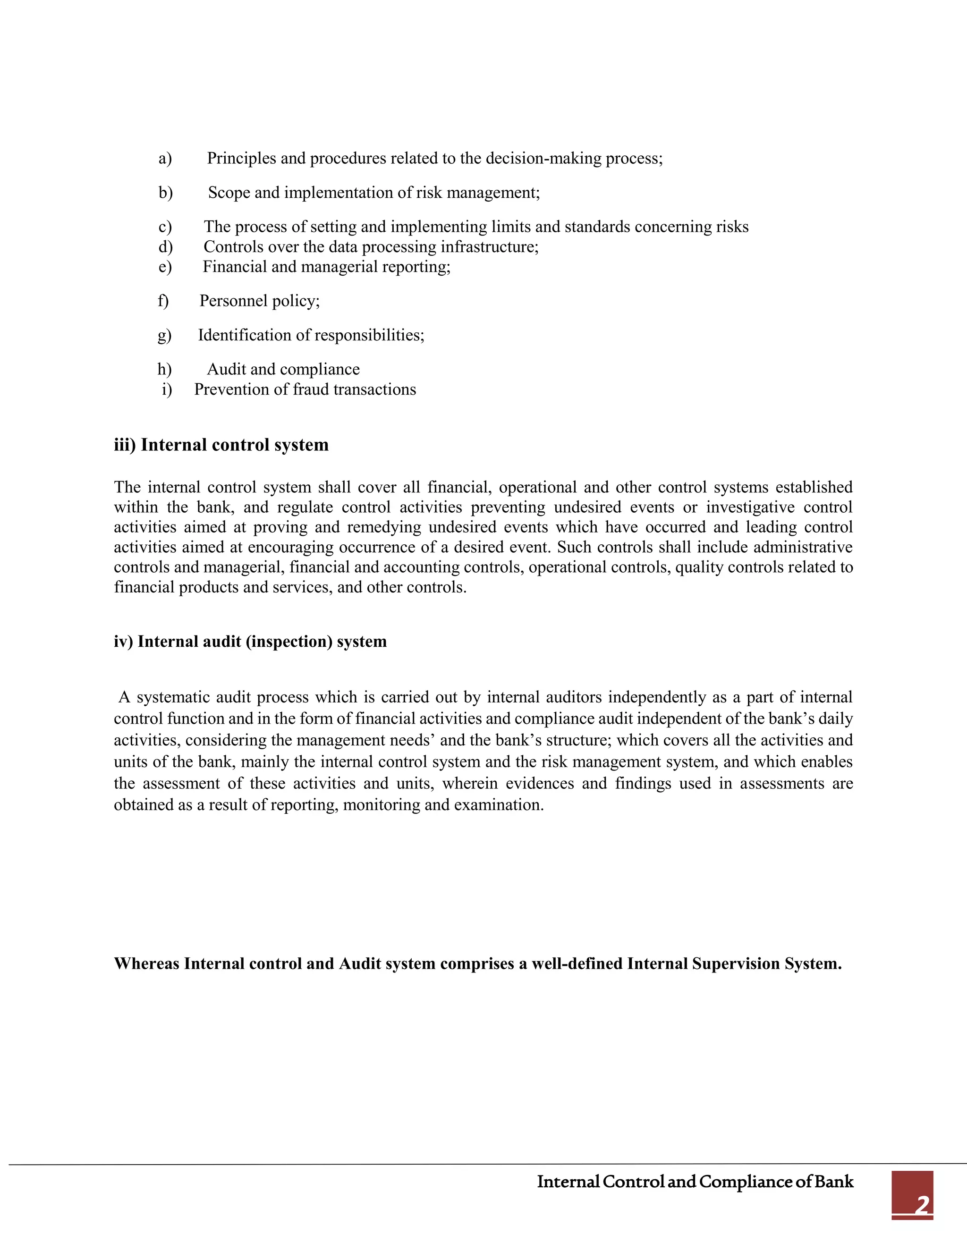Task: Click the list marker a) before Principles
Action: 165,159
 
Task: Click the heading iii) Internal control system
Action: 221,445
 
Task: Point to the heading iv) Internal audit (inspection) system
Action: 250,642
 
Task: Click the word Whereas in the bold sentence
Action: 147,964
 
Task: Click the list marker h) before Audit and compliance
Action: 164,370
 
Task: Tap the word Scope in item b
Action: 229,193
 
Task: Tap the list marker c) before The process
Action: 165,228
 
